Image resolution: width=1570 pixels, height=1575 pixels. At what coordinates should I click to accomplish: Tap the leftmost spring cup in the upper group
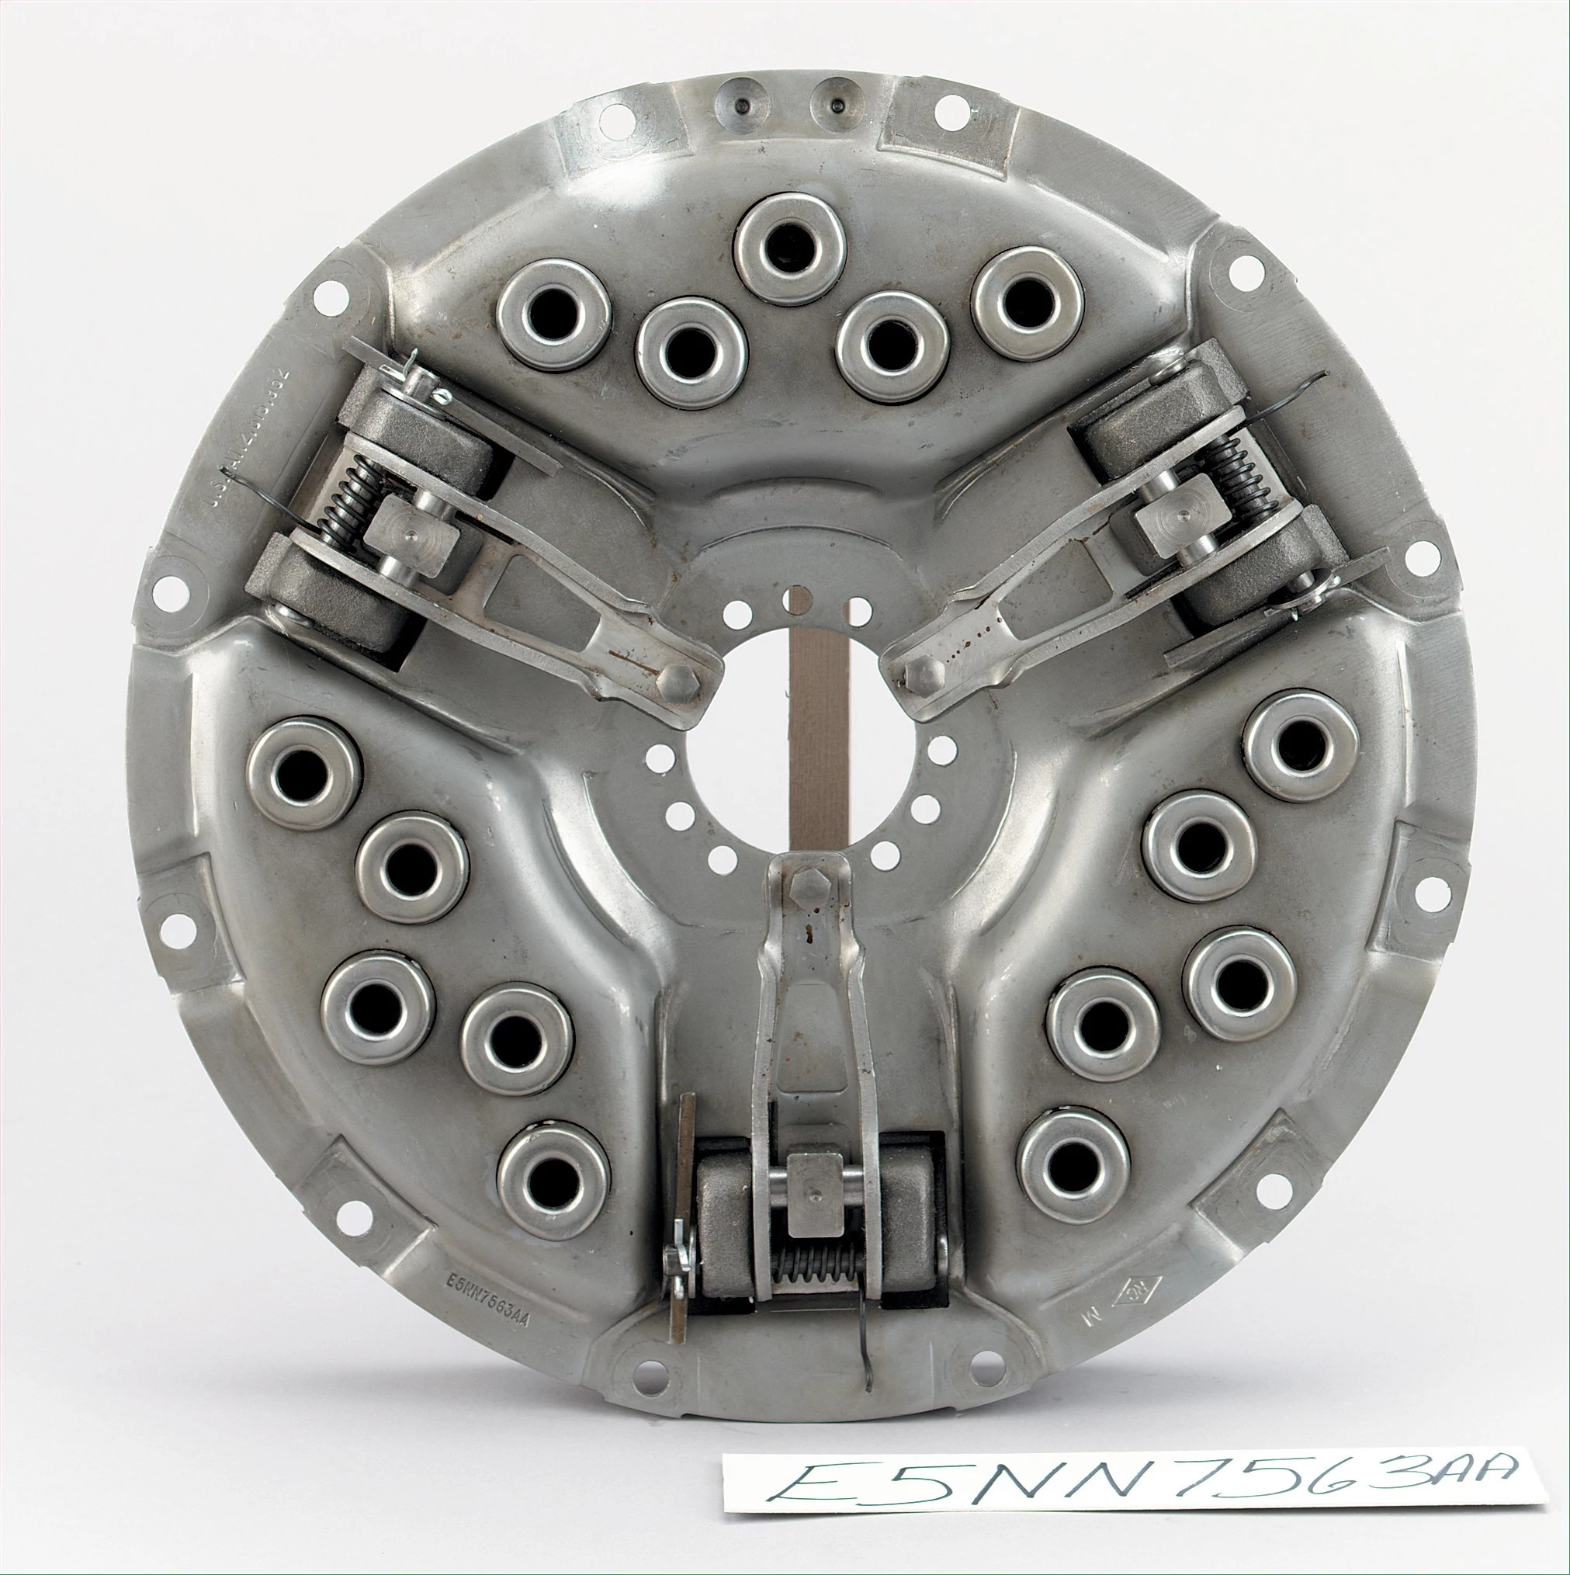coord(554,314)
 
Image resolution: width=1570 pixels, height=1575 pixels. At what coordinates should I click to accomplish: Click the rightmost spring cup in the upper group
coord(1028,302)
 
